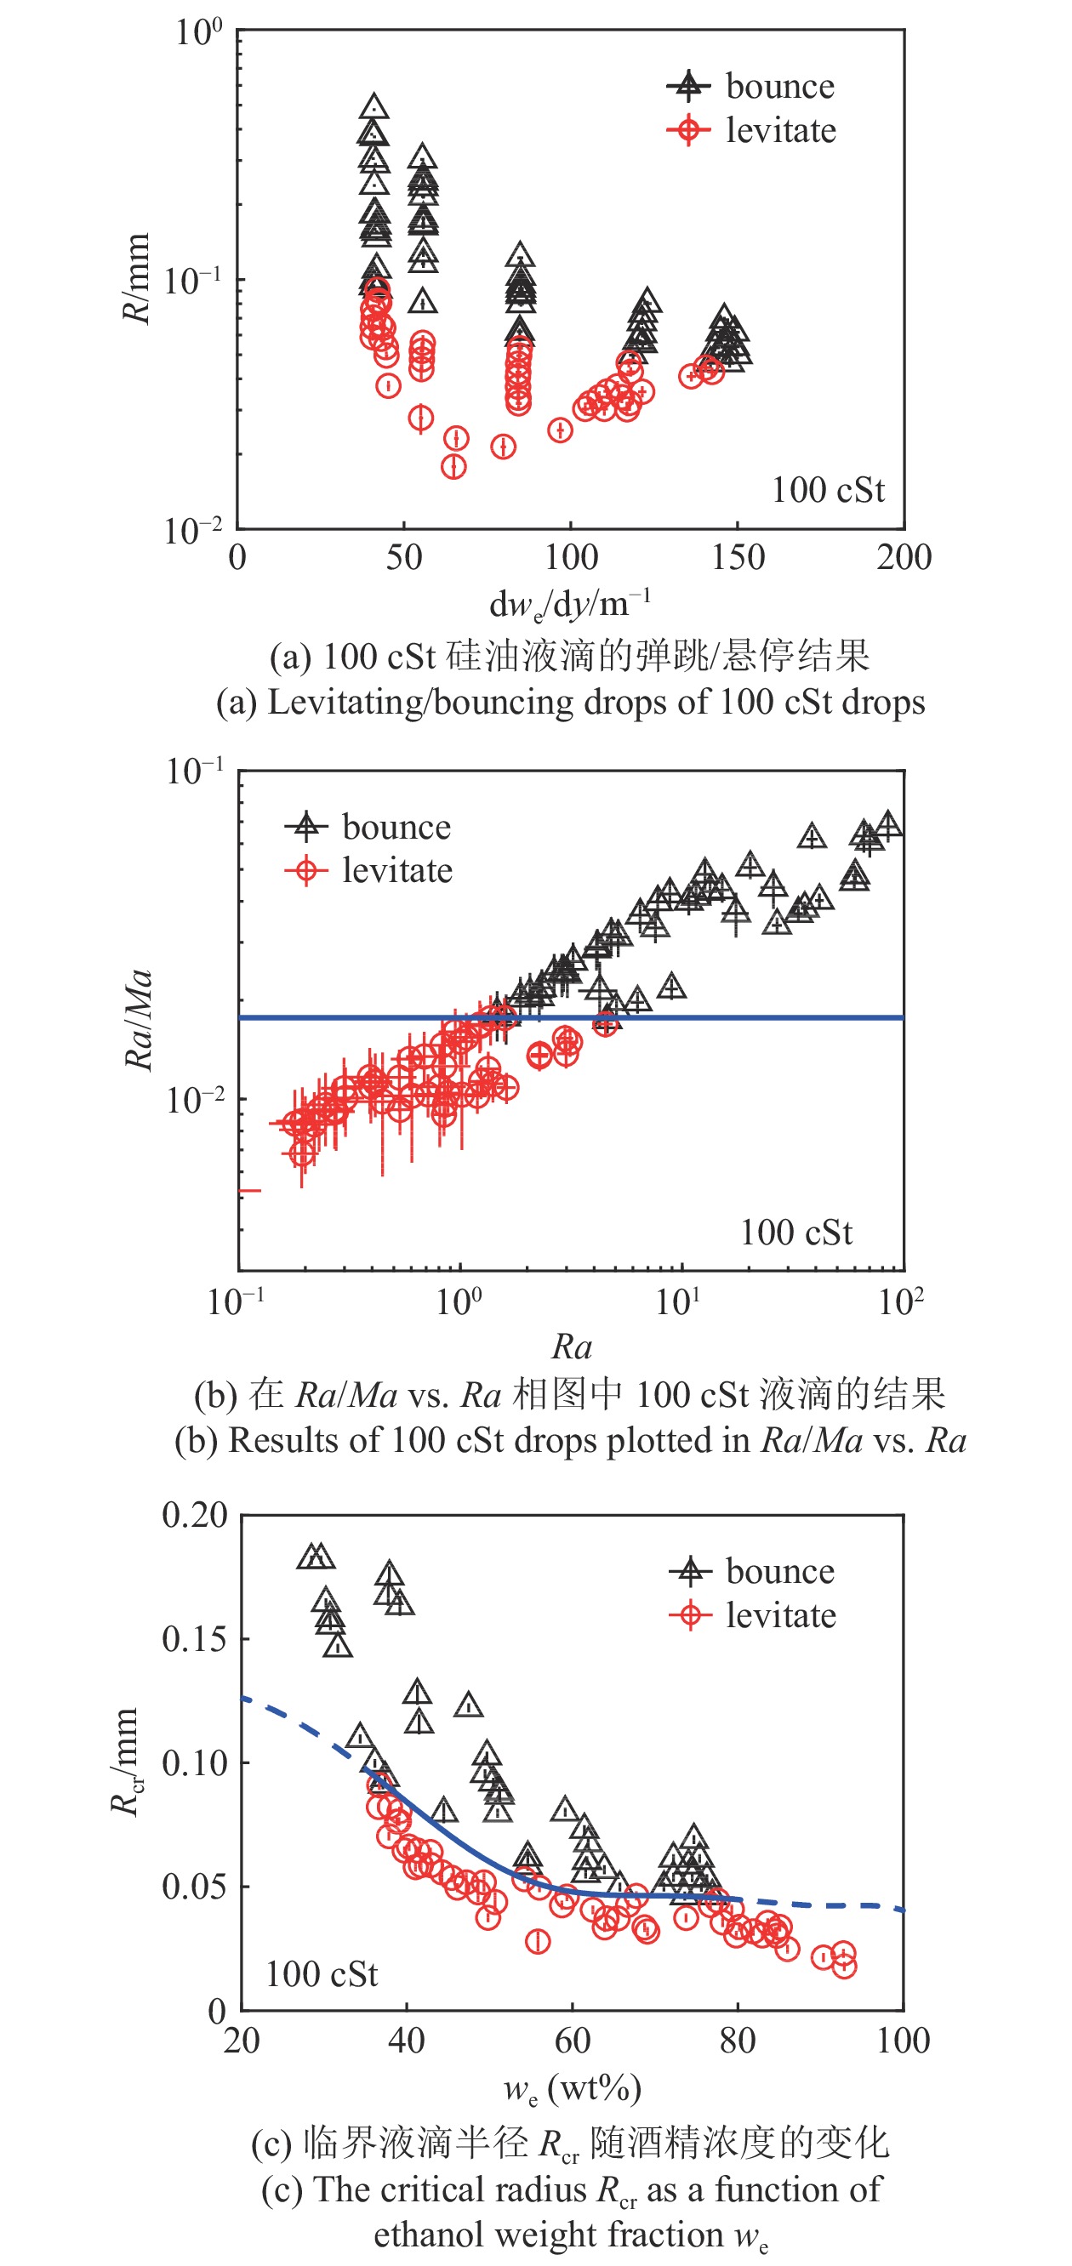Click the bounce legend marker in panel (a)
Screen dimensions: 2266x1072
point(688,86)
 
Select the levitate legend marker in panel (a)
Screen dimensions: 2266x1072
point(688,130)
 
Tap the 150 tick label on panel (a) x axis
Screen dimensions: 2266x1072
point(738,558)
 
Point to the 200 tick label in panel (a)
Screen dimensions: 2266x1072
point(904,558)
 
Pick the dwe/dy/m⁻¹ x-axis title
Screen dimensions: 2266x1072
point(570,604)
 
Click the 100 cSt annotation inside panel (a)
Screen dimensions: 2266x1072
point(827,490)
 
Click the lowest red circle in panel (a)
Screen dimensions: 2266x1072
point(453,466)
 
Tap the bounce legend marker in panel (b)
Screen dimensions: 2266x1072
point(305,826)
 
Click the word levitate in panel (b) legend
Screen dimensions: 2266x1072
point(397,871)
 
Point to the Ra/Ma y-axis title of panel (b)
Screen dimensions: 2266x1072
point(139,1021)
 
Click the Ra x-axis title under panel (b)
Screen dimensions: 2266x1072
point(571,1347)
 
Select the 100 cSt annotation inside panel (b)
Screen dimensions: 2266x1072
point(795,1233)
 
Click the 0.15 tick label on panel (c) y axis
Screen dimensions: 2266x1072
point(195,1639)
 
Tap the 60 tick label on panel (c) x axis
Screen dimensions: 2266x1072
point(572,2041)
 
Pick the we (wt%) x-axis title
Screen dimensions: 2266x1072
point(571,2088)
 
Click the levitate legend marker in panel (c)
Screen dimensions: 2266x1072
point(691,1615)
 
